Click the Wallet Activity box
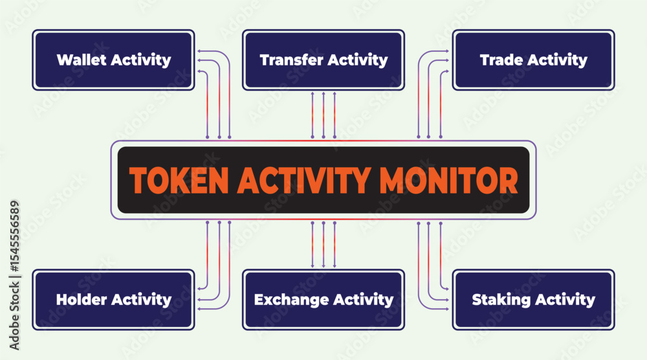tap(113, 60)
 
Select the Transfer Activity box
tap(323, 60)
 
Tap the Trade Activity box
tap(534, 60)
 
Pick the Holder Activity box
tap(113, 300)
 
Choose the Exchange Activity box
tap(323, 300)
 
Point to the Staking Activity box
tap(534, 300)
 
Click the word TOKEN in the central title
tap(179, 181)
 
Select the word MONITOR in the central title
tap(448, 181)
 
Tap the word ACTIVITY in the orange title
tap(304, 181)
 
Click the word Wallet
tap(82, 60)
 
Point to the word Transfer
tap(291, 60)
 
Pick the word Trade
tap(501, 60)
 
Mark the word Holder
tap(82, 299)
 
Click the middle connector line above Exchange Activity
tap(323, 245)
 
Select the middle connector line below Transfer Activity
tap(323, 115)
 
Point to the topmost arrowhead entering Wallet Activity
tap(199, 51)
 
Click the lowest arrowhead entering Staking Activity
tap(447, 309)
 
